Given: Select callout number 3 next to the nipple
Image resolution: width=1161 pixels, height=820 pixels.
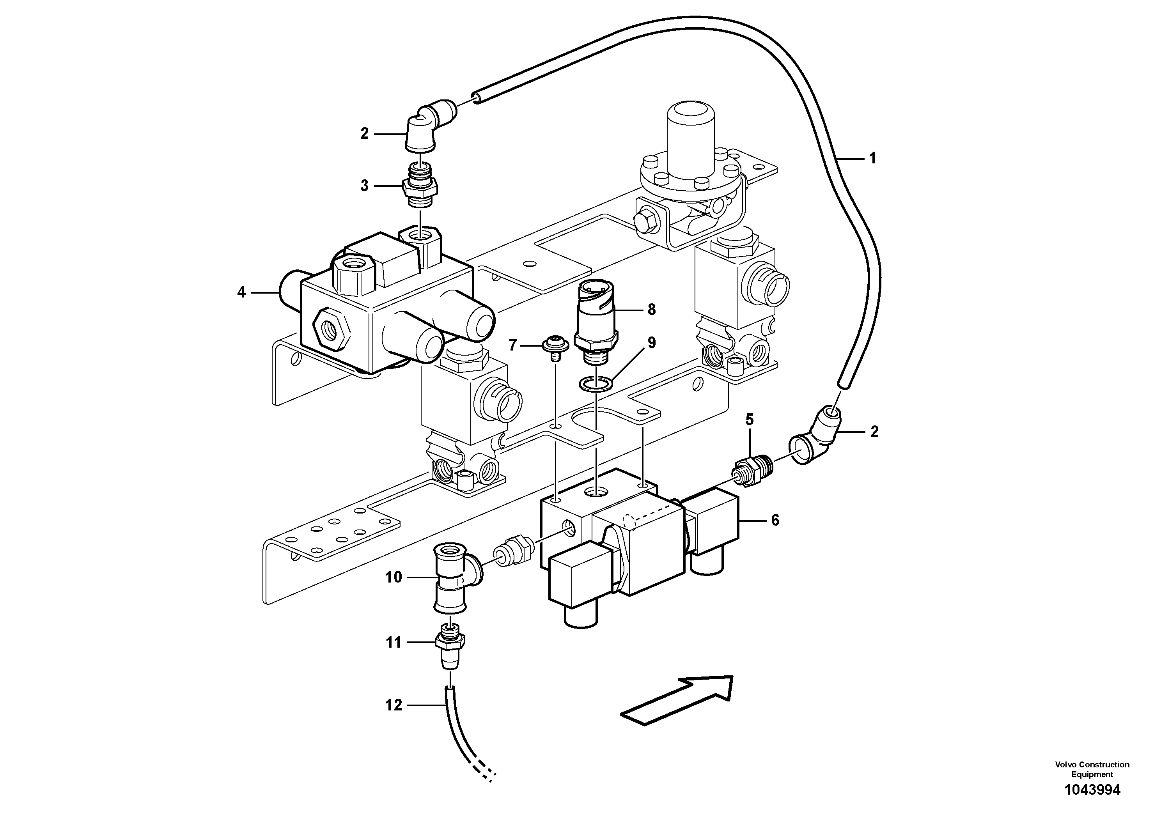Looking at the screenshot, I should [x=365, y=186].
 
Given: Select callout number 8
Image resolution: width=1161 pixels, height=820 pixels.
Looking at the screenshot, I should [x=651, y=309].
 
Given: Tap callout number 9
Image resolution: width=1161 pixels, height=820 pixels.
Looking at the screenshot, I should [x=651, y=343].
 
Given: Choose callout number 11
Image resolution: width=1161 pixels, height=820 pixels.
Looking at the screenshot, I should [x=393, y=643].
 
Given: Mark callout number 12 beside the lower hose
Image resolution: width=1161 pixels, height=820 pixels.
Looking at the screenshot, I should [x=393, y=705].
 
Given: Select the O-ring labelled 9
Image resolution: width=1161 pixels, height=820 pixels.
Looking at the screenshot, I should [x=597, y=384].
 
